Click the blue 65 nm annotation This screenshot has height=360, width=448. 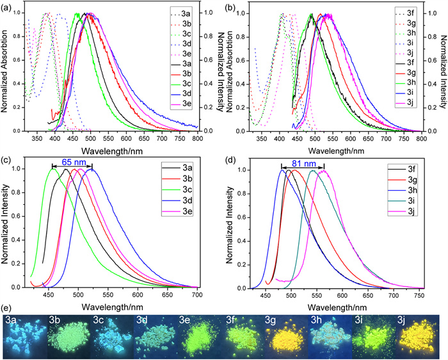(74, 162)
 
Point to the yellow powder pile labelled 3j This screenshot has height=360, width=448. (419, 339)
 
